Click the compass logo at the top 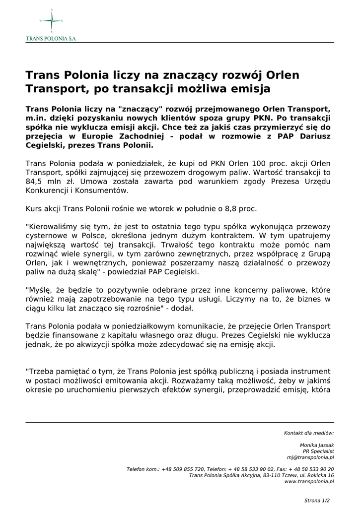tap(51, 21)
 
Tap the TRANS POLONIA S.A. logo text tap(51, 38)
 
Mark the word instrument tap(310, 371)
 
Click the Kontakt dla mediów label tap(309, 433)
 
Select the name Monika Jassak tap(317, 445)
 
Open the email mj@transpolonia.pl tap(310, 457)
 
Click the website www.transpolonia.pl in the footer tap(309, 481)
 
